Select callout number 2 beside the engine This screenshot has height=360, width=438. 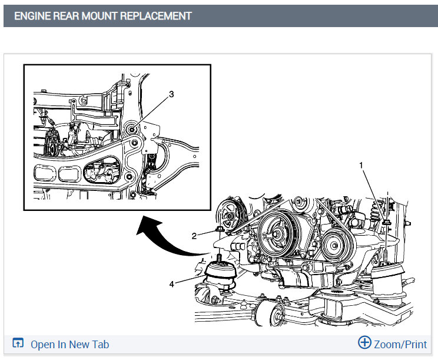[194, 236]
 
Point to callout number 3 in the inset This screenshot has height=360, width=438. [171, 94]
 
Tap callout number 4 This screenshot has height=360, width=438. [172, 284]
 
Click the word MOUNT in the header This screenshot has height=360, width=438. [93, 16]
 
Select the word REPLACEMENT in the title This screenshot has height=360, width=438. [156, 16]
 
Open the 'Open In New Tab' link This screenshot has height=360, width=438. [69, 345]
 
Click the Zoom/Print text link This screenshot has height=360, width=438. [401, 345]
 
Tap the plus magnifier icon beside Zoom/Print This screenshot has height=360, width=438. [365, 344]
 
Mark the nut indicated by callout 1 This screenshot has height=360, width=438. [386, 222]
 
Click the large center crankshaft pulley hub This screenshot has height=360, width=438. [274, 233]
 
